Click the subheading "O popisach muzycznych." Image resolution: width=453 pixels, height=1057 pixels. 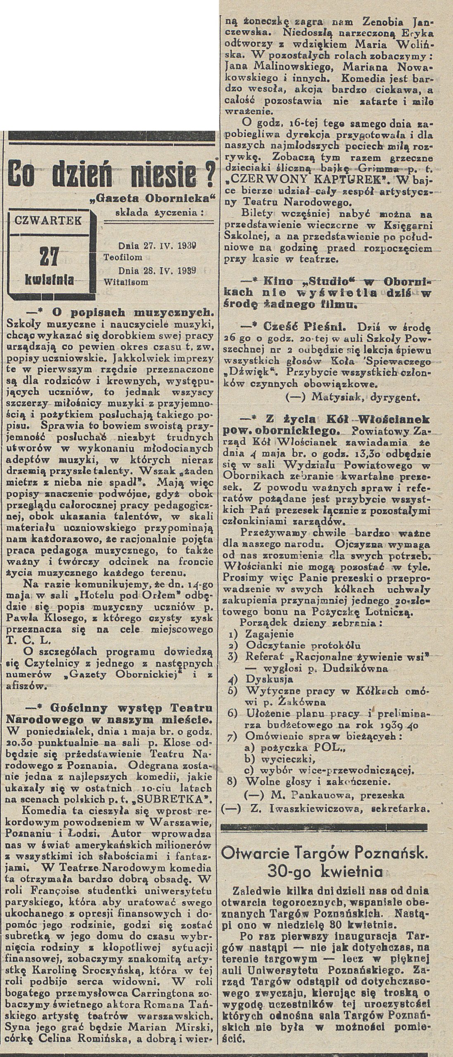[x=132, y=311]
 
